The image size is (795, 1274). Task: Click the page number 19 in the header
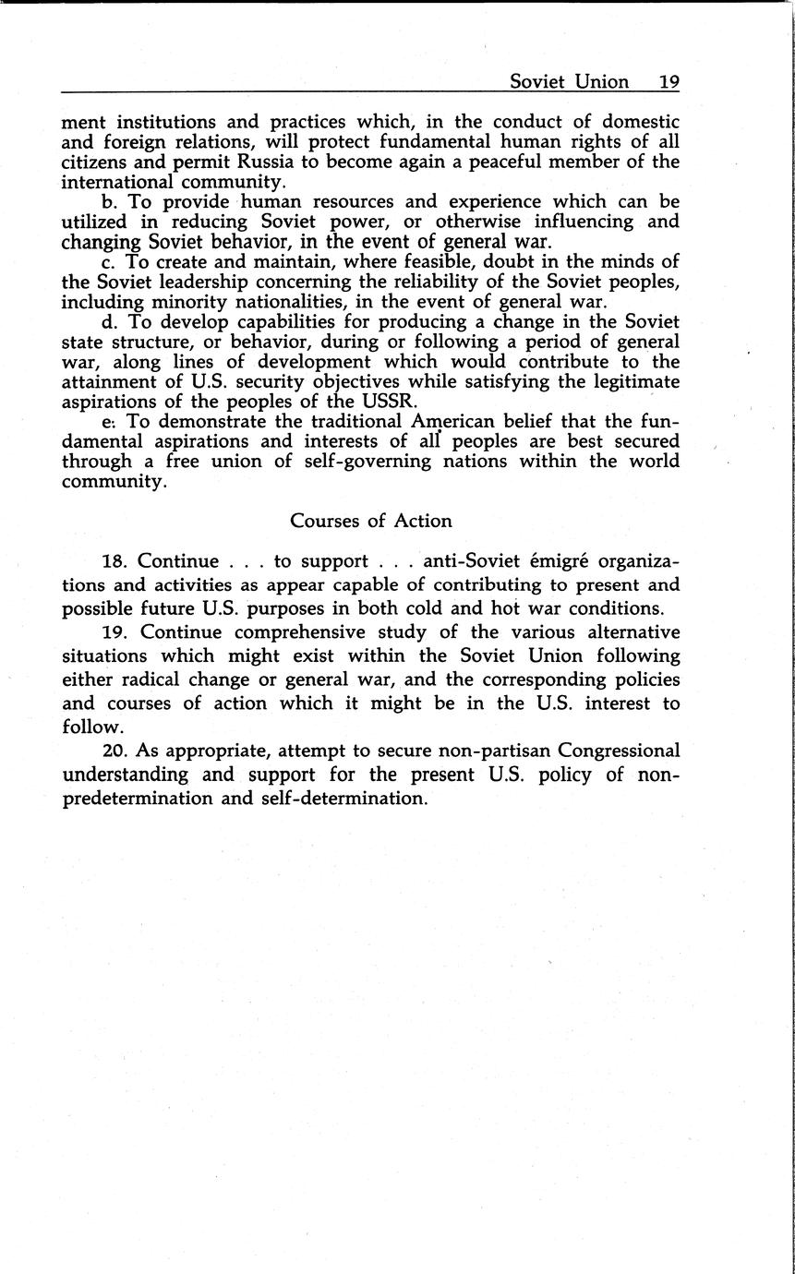[669, 81]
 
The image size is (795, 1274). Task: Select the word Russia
[248, 162]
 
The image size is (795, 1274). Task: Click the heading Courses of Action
[371, 521]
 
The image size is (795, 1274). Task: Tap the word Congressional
[605, 751]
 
